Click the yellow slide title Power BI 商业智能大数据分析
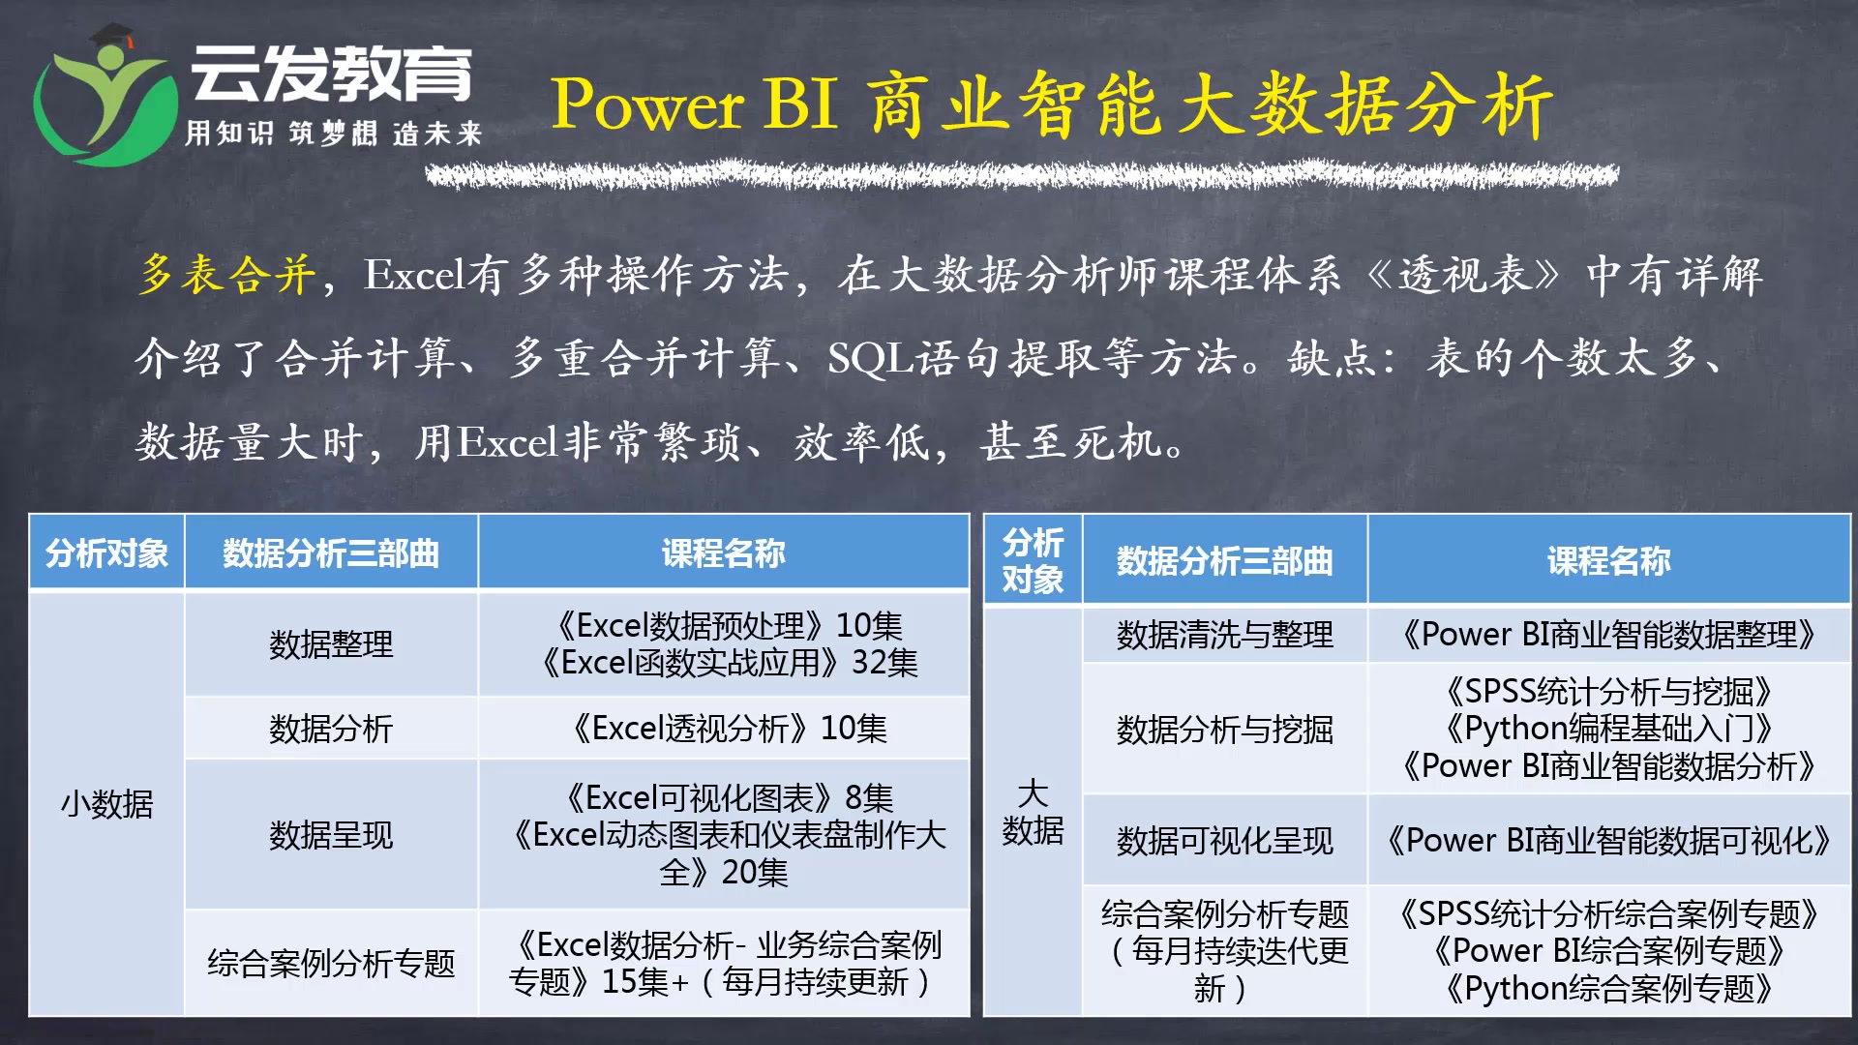pos(1051,104)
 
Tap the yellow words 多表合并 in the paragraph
pos(226,275)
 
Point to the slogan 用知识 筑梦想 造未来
pos(333,134)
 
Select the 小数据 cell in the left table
pos(106,804)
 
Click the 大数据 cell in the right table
pos(1033,812)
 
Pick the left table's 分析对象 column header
pos(106,553)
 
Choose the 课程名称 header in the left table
pos(723,553)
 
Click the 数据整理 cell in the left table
pos(331,644)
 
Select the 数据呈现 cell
pos(331,835)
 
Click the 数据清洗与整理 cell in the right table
pos(1224,635)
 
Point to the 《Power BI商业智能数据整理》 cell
pos(1607,635)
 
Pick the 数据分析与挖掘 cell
pos(1224,730)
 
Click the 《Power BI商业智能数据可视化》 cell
pos(1607,841)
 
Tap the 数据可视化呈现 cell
pos(1224,841)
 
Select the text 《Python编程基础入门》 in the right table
pos(1607,729)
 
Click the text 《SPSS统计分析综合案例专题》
pos(1607,914)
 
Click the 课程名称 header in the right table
pos(1607,561)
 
